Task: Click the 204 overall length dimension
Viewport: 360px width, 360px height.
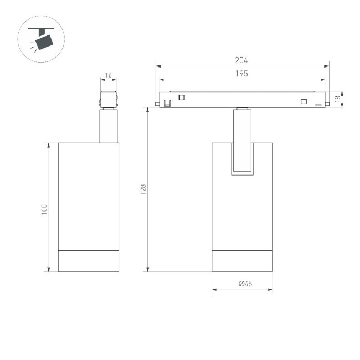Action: pos(241,60)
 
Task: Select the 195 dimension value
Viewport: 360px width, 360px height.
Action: pos(241,74)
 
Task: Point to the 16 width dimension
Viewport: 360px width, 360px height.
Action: pos(108,74)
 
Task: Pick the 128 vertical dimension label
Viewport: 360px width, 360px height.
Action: pos(143,189)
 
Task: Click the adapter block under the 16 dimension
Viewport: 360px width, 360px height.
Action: pos(108,99)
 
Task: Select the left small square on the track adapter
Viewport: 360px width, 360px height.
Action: pos(181,99)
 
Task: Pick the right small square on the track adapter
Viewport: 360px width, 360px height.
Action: pos(303,101)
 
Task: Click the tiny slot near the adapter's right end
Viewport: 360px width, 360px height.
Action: pos(318,104)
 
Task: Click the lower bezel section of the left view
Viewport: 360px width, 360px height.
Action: pos(89,261)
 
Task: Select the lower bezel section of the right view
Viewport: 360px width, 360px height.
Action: pos(242,261)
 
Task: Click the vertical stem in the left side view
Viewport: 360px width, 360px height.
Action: pos(108,126)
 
